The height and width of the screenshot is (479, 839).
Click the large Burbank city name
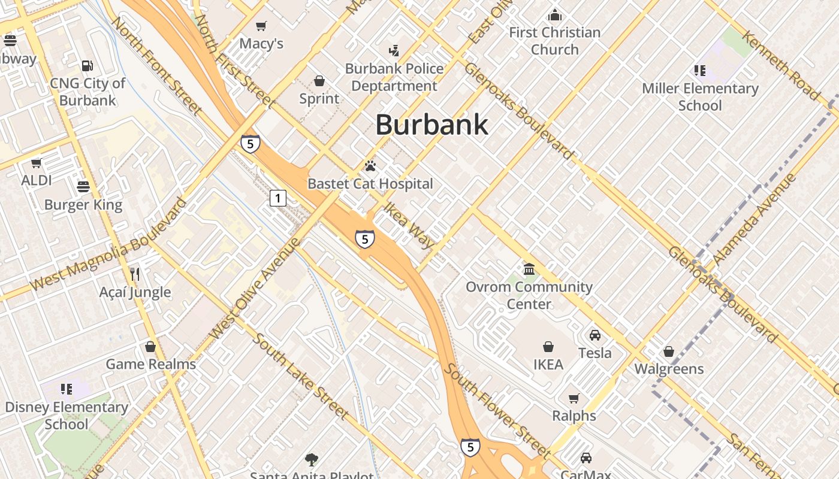[x=431, y=125]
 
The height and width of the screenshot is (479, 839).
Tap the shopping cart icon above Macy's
[x=261, y=26]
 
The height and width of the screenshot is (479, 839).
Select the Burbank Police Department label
[x=394, y=77]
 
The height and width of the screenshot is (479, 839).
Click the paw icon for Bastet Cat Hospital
[x=370, y=166]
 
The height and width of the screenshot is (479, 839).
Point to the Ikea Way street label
[x=409, y=225]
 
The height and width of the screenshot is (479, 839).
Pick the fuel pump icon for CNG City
[x=87, y=65]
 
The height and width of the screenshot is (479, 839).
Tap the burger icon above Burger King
[x=83, y=187]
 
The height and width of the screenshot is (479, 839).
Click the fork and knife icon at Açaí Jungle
[x=135, y=274]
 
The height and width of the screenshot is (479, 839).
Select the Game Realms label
[x=151, y=364]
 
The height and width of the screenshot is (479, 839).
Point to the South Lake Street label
[x=300, y=376]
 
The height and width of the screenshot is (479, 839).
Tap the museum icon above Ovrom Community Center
[x=529, y=269]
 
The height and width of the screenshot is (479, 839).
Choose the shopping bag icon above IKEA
[x=548, y=347]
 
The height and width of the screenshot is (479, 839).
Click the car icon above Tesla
[x=594, y=335]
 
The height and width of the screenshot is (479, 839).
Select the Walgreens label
[x=669, y=368]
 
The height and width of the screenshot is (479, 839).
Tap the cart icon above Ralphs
[x=574, y=398]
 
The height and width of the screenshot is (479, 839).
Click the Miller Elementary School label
[x=700, y=96]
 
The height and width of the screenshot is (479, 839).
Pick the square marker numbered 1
[x=277, y=198]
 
